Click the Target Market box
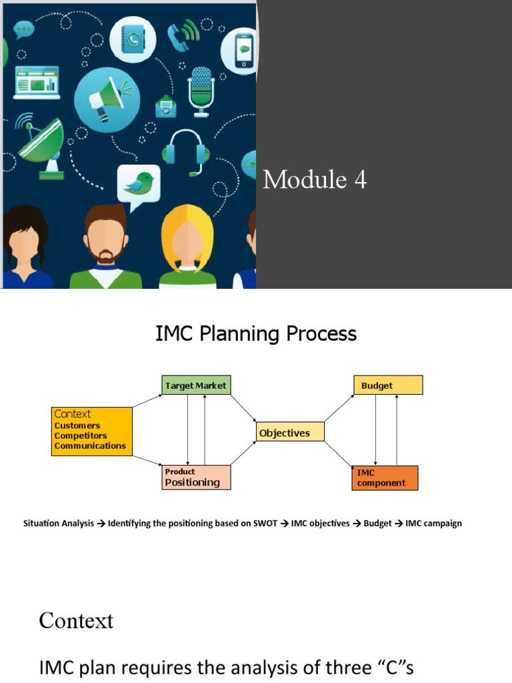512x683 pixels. (196, 386)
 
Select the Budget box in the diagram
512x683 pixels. (387, 386)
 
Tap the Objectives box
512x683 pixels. (290, 432)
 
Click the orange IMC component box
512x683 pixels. (385, 478)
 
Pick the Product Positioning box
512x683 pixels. (196, 478)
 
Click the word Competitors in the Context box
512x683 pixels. (80, 436)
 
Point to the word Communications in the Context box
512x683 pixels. (90, 446)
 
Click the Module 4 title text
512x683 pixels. (315, 179)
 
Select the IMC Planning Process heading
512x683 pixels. (256, 333)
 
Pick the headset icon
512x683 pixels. (186, 152)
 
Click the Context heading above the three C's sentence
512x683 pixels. (76, 621)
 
